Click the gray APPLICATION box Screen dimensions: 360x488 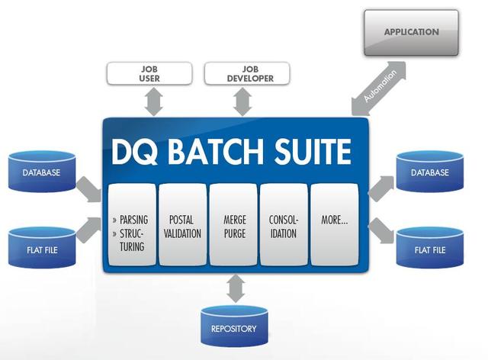[x=411, y=33]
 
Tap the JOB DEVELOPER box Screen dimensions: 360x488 [x=239, y=73]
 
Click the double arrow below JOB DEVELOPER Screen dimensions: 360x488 [x=243, y=101]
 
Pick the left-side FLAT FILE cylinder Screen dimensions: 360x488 [x=41, y=249]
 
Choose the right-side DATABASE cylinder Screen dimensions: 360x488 [x=430, y=173]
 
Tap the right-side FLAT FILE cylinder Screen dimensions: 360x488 [x=430, y=249]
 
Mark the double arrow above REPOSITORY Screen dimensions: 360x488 [x=234, y=288]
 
